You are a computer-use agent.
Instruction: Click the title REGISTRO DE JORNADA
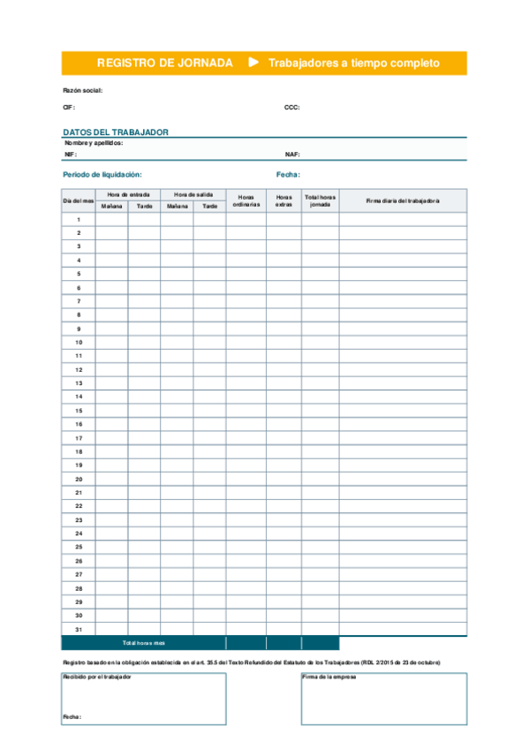coord(164,63)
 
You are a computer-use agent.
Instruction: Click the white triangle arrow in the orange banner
coord(254,62)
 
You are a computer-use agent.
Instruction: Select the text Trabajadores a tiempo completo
coord(353,64)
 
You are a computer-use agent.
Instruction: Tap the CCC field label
coord(291,107)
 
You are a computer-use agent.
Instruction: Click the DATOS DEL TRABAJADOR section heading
coord(116,132)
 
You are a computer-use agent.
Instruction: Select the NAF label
coord(292,154)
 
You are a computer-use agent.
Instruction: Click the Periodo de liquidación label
coord(102,175)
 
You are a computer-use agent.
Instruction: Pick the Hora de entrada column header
coord(128,194)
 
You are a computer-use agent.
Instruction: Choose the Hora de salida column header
coord(193,194)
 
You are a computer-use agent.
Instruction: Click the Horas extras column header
coord(283,200)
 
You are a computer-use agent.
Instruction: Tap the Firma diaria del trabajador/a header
coord(403,200)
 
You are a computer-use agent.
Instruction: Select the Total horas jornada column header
coord(320,200)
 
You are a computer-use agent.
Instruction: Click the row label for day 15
coord(79,411)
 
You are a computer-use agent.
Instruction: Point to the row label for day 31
coord(79,629)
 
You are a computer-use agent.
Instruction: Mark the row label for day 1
coord(79,220)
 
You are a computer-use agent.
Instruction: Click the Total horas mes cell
coord(144,643)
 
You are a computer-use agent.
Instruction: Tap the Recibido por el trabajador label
coord(97,677)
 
